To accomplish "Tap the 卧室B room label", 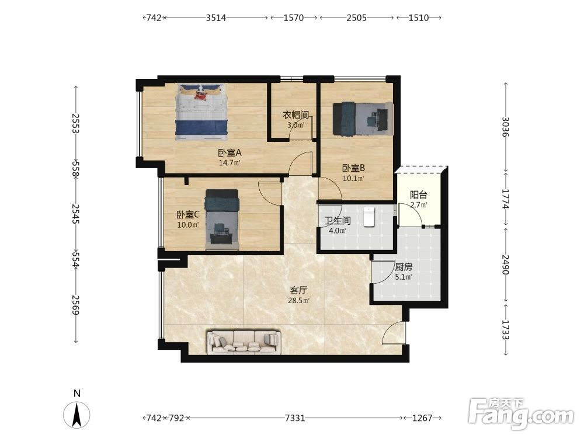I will (x=353, y=169).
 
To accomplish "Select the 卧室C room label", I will (x=188, y=214).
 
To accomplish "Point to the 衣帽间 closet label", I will (x=296, y=115).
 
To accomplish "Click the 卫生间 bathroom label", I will (x=338, y=221).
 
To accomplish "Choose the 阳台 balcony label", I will (x=418, y=195).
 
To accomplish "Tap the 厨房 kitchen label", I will (x=404, y=267).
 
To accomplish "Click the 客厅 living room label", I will (x=298, y=290).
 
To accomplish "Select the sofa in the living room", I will (x=244, y=342).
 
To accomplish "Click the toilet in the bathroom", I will (x=369, y=217).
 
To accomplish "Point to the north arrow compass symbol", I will (x=77, y=414).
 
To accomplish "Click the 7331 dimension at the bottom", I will (x=295, y=418).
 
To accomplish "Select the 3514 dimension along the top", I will (x=216, y=18).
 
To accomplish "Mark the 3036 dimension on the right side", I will (x=506, y=127).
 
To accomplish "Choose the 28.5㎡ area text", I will (x=298, y=301).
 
